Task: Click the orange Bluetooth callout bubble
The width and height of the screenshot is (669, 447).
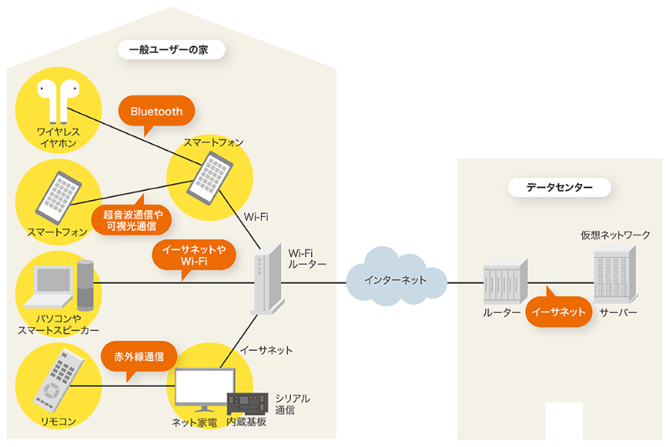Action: tap(156, 111)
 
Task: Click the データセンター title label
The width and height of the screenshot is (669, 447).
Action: tap(559, 188)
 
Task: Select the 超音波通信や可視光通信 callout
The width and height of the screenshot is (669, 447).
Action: tap(132, 220)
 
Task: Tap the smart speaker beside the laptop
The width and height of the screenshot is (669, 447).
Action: tap(86, 285)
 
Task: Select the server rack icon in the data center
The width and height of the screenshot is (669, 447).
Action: tap(615, 277)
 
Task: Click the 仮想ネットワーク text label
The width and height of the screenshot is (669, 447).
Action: tap(615, 235)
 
